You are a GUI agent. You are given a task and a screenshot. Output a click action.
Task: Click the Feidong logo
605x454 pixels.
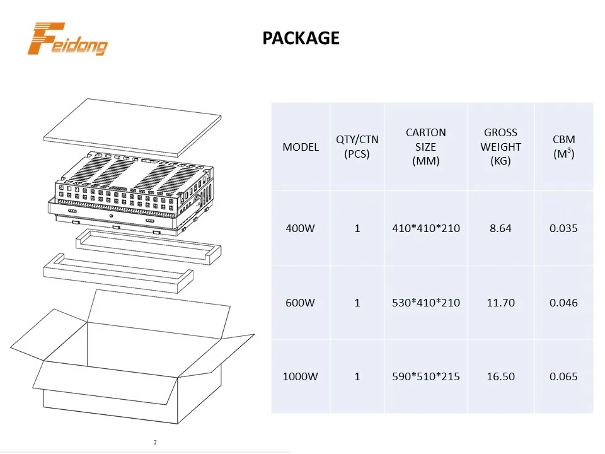click(x=67, y=39)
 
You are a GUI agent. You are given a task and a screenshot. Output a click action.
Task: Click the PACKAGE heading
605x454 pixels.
click(x=301, y=38)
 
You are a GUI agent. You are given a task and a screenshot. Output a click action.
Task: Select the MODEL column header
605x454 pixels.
click(x=301, y=147)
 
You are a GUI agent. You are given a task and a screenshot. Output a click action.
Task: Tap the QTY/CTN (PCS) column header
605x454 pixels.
click(x=357, y=147)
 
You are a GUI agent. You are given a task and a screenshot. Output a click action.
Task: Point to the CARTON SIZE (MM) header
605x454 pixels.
click(x=426, y=147)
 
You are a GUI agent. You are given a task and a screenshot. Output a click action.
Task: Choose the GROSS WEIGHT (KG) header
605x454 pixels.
click(x=501, y=147)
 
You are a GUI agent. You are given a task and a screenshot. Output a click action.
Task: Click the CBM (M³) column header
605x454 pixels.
click(x=563, y=147)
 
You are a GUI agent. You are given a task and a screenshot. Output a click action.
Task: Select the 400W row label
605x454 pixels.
click(x=301, y=228)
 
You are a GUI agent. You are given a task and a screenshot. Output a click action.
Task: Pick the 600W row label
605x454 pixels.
click(x=301, y=303)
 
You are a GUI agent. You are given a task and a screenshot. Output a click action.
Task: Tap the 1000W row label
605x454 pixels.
click(x=301, y=376)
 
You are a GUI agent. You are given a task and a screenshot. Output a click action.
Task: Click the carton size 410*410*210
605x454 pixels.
click(x=426, y=228)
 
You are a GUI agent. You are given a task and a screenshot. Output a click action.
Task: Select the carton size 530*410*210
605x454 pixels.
click(x=426, y=303)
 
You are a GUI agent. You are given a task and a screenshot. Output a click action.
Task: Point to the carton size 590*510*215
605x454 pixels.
click(x=426, y=376)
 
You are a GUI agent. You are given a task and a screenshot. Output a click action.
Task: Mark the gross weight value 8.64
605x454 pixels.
click(x=501, y=228)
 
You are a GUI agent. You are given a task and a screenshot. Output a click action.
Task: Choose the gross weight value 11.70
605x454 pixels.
click(x=501, y=303)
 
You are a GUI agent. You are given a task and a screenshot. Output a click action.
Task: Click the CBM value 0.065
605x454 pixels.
click(x=563, y=376)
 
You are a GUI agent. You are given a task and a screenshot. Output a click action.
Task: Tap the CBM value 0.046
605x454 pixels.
click(x=563, y=303)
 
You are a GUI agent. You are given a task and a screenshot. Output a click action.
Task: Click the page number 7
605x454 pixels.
click(x=155, y=442)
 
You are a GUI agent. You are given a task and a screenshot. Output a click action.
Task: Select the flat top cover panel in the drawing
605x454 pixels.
click(x=132, y=128)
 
